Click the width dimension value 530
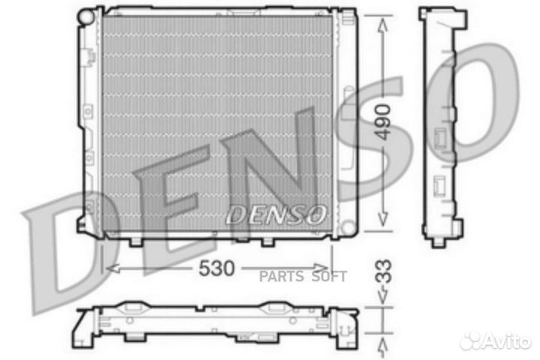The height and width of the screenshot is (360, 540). [x=217, y=267]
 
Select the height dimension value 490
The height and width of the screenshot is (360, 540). [x=383, y=121]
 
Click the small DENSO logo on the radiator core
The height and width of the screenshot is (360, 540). [x=276, y=214]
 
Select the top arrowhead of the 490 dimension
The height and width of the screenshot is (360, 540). [x=383, y=21]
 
